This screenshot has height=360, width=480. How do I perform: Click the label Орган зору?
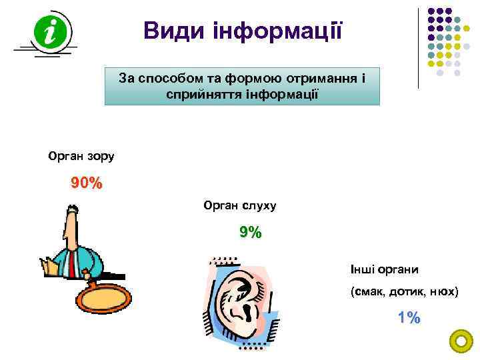pyautogui.click(x=81, y=157)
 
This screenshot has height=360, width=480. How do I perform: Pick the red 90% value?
pyautogui.click(x=87, y=183)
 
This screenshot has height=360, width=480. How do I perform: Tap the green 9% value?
pyautogui.click(x=251, y=233)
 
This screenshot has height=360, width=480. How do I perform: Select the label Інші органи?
pyautogui.click(x=385, y=270)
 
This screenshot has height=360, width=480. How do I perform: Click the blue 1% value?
pyautogui.click(x=409, y=318)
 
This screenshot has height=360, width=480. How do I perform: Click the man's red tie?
pyautogui.click(x=70, y=263)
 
